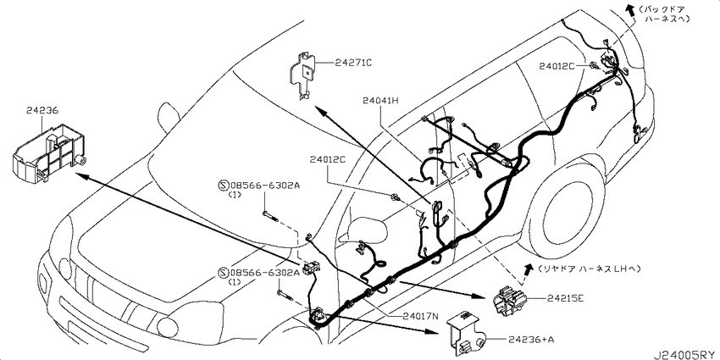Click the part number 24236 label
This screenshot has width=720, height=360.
click(x=42, y=109)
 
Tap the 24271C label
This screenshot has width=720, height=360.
click(x=353, y=62)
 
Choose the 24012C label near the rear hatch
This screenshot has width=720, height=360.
click(x=557, y=65)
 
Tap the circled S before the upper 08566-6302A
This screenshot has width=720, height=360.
click(x=224, y=185)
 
